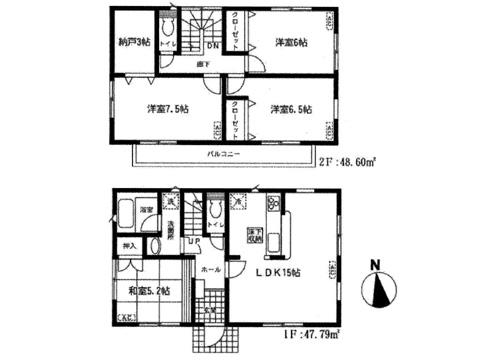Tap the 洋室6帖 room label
tap(290, 42)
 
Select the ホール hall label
tap(210, 271)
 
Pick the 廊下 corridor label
tap(203, 61)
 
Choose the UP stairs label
tap(194, 243)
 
